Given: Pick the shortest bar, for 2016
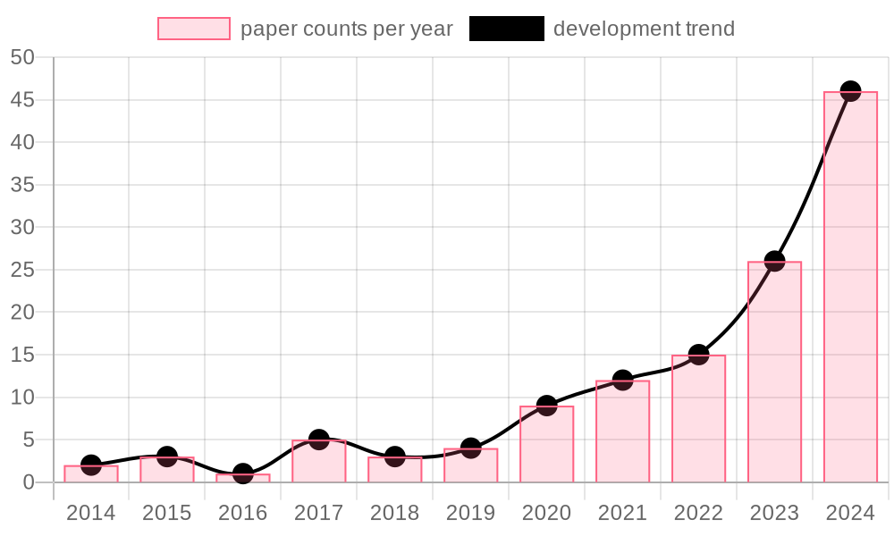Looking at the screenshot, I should click(243, 478).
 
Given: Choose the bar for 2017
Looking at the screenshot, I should click(319, 461).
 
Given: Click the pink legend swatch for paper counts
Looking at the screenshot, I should click(193, 29).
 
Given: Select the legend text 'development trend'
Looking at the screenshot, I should click(644, 29).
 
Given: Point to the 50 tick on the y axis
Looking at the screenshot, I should click(22, 57).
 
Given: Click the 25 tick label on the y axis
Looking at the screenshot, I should click(22, 270).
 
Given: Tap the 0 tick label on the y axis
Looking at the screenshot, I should click(29, 482).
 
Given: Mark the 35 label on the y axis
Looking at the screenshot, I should click(22, 185).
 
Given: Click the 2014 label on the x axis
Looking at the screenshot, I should click(91, 514).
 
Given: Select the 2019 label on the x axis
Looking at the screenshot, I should click(471, 514).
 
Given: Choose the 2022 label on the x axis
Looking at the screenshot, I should click(698, 514).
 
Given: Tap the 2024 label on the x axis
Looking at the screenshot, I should click(850, 514).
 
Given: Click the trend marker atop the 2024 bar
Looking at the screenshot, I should click(850, 94).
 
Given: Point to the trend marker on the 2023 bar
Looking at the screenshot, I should click(774, 264).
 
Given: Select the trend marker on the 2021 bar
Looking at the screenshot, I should click(622, 383).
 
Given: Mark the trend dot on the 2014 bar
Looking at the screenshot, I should click(91, 468).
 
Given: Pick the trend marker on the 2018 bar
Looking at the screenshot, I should click(395, 460).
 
